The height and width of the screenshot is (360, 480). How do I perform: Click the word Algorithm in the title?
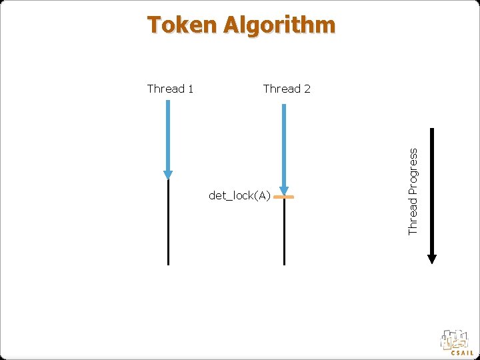[280, 25]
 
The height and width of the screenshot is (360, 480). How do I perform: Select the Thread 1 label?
[170, 89]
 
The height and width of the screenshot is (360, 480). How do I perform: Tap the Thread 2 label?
[287, 89]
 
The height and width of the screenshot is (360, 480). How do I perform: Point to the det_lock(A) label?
[239, 195]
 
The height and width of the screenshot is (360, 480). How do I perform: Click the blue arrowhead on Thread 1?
[168, 175]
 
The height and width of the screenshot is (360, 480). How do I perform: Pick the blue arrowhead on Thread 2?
[284, 190]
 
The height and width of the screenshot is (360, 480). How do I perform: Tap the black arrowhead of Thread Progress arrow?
[432, 258]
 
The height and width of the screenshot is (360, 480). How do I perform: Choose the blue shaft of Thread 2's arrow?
[284, 143]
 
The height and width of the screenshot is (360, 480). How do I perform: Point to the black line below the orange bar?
[284, 233]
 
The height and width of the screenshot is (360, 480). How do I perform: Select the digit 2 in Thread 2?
[307, 89]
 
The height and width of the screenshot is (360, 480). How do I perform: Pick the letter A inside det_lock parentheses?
[262, 195]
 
